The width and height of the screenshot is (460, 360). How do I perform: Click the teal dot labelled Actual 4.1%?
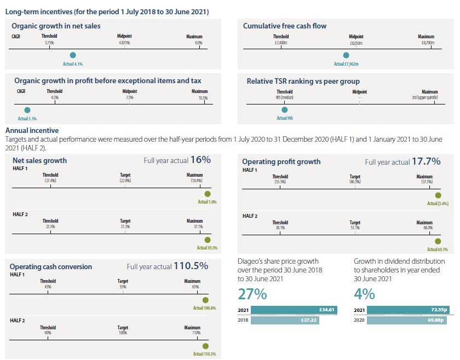73,55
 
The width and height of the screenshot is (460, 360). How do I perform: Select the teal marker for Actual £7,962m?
346,55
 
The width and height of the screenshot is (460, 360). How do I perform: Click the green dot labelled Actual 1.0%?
207,194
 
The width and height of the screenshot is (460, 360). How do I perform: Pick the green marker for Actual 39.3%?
207,240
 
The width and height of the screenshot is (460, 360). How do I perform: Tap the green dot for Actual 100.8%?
205,300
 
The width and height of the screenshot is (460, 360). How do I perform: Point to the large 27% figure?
252,294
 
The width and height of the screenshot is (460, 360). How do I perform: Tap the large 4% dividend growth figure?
364,294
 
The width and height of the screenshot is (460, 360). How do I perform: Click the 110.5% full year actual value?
191,266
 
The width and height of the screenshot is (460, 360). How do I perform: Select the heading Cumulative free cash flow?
285,26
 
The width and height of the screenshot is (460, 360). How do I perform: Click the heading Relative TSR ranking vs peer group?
303,81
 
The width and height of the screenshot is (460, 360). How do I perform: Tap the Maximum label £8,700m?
426,42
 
